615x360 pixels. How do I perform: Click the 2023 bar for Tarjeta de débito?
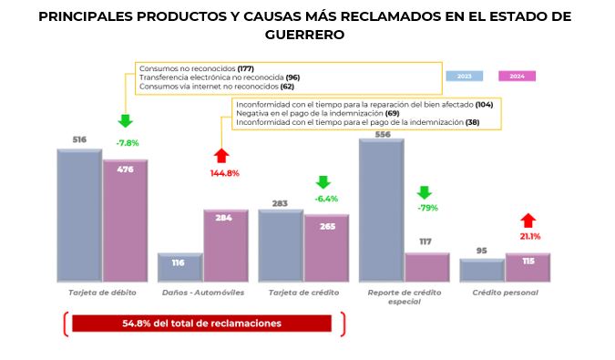click(x=79, y=215)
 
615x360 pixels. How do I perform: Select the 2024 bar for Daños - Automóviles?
click(x=225, y=245)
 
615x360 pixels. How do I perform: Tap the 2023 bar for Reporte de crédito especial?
click(x=382, y=210)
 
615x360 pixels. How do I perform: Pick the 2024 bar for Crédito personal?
click(x=528, y=267)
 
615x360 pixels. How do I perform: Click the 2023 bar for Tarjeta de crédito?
click(x=281, y=245)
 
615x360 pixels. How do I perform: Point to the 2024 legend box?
click(x=518, y=76)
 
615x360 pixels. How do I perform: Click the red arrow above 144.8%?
click(x=220, y=157)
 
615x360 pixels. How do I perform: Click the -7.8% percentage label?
click(x=128, y=143)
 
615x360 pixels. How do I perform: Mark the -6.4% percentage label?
click(x=325, y=198)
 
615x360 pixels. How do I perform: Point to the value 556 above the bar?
click(x=382, y=134)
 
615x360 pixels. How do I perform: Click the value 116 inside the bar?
click(x=179, y=262)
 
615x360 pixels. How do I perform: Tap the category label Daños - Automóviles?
click(x=202, y=293)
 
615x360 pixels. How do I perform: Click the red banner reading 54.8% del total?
click(x=201, y=324)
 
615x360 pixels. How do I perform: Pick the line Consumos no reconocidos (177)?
click(x=195, y=68)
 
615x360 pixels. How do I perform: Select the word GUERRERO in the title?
click(x=307, y=36)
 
